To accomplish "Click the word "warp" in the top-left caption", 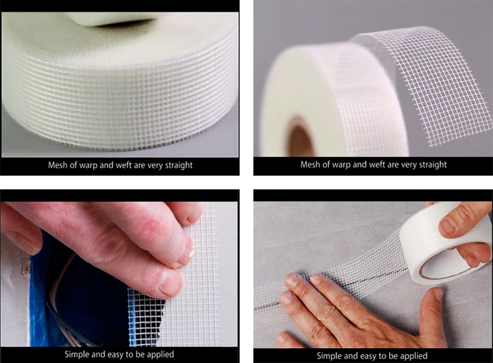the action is (x=88, y=165).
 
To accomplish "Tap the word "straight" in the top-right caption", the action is (x=431, y=165).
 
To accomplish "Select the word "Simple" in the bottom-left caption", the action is (x=77, y=355).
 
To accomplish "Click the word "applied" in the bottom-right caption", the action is (x=413, y=356).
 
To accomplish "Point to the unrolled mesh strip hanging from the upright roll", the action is (x=437, y=85).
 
